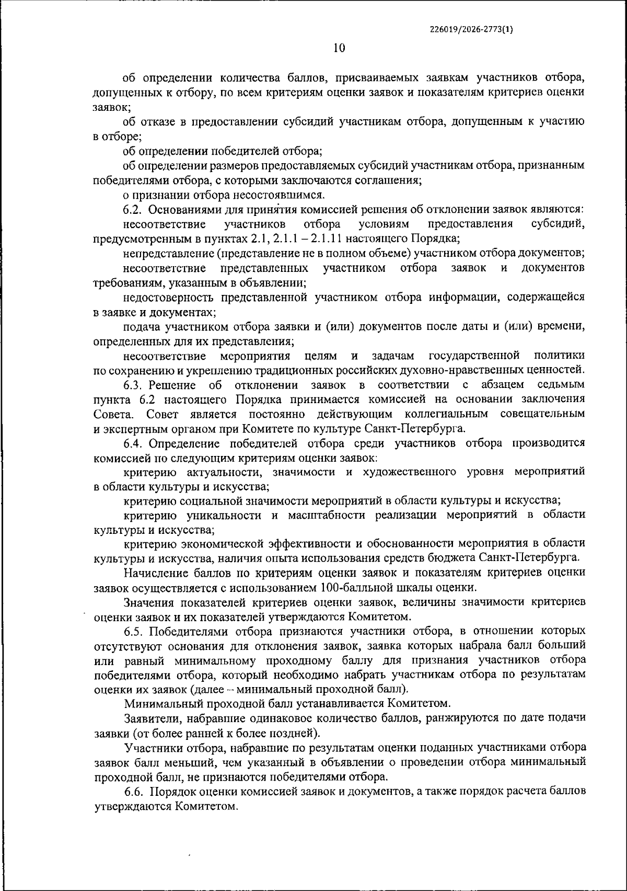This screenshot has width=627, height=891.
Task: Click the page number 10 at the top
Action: tap(339, 48)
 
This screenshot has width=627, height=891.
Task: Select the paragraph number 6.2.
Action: tap(133, 210)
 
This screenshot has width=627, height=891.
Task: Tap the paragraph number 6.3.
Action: tap(133, 385)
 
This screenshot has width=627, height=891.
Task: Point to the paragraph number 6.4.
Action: tap(133, 443)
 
